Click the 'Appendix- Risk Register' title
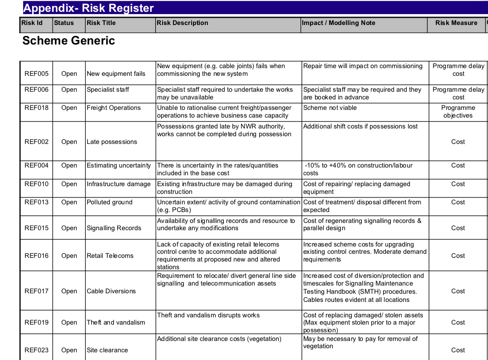(89, 8)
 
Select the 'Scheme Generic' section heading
(69, 41)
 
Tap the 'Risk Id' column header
(32, 23)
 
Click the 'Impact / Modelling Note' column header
(339, 23)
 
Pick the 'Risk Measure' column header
(456, 23)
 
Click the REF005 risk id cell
(36, 74)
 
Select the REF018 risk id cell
(36, 108)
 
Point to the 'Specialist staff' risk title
(108, 90)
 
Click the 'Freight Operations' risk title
(113, 108)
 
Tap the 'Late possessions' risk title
(112, 142)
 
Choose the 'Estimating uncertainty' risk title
(118, 166)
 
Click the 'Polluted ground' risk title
(109, 202)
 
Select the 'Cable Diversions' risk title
(111, 291)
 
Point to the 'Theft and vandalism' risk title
(116, 323)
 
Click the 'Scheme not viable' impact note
(330, 108)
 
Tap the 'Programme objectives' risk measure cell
(458, 112)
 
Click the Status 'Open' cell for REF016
(69, 256)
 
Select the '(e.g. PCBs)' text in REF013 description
(174, 210)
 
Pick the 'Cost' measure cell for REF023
(458, 350)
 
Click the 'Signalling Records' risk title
(114, 228)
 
